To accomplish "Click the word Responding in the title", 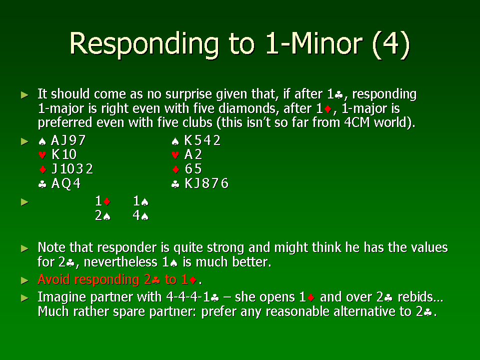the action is (x=144, y=44).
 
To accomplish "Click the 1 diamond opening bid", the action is (x=102, y=201).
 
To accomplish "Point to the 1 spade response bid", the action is (x=141, y=201).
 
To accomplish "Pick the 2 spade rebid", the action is (x=102, y=215).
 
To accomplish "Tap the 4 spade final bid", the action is (x=141, y=215).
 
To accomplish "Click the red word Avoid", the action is (x=53, y=279).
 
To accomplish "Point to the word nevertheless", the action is (x=120, y=262).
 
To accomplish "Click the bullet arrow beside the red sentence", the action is (x=25, y=280).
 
